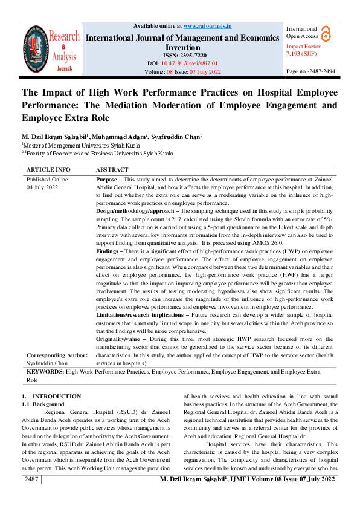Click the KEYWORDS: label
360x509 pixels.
click(x=45, y=372)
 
